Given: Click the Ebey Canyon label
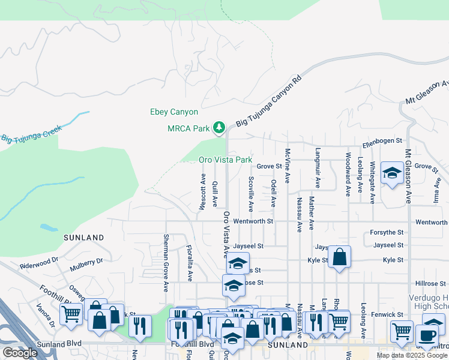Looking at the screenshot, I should [x=173, y=112].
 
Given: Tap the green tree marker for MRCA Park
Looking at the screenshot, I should [x=219, y=127].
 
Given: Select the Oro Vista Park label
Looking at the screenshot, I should [x=225, y=160].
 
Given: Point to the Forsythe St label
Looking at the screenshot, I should [x=388, y=233].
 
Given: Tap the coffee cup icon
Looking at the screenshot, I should [x=428, y=335].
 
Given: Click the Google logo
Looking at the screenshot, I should [x=20, y=353].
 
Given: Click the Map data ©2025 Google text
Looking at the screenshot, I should [x=411, y=355].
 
